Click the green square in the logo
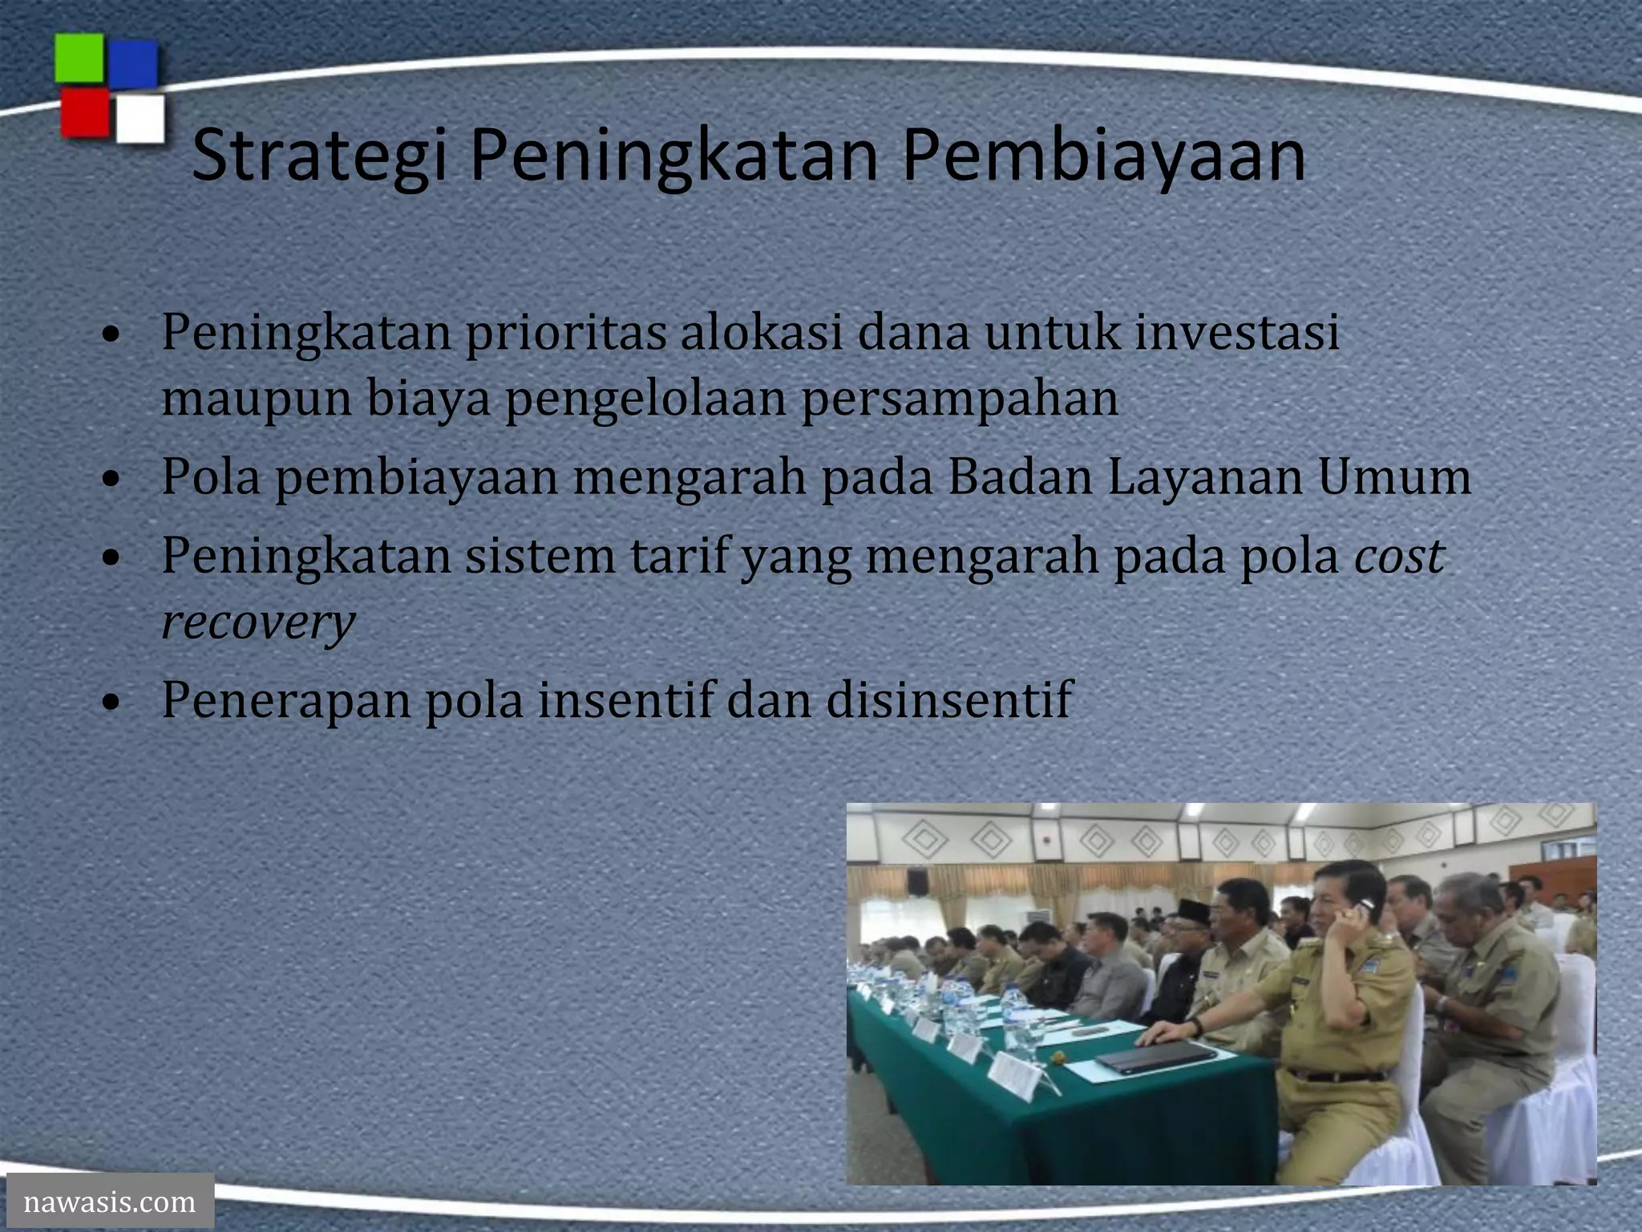tap(79, 58)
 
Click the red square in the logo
tap(84, 112)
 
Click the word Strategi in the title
tap(318, 156)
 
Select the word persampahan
tap(960, 399)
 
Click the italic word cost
tap(1399, 555)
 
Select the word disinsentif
tap(948, 699)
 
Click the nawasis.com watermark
tap(109, 1202)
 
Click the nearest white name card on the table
tap(1015, 1076)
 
